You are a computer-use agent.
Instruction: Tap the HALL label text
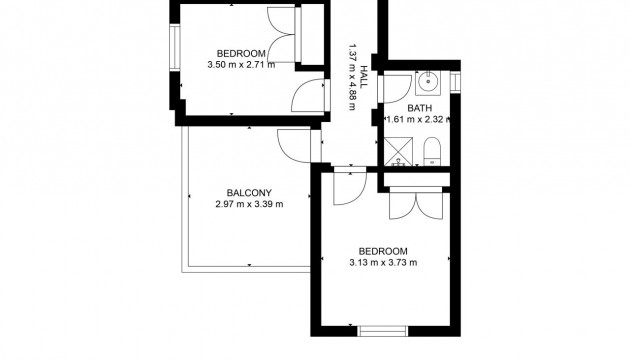[364, 77]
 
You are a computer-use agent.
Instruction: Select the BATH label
[418, 107]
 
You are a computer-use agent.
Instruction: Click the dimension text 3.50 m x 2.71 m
[240, 65]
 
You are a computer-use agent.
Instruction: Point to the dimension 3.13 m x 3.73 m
[383, 262]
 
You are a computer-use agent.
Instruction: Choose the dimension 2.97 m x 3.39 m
[249, 205]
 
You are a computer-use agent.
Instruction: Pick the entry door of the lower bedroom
[349, 186]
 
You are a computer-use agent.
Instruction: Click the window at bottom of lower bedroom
[383, 329]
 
